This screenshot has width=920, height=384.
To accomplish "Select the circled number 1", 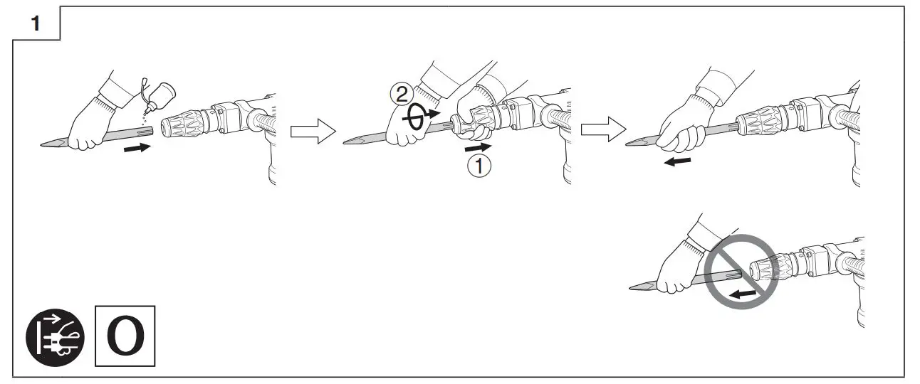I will click(x=479, y=166).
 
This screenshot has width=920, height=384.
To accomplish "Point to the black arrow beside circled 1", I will click(x=477, y=147).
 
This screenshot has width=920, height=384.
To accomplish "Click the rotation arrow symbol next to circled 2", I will click(x=418, y=119).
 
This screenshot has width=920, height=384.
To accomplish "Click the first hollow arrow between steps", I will click(x=313, y=131).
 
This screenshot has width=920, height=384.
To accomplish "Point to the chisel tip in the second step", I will click(x=349, y=142).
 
